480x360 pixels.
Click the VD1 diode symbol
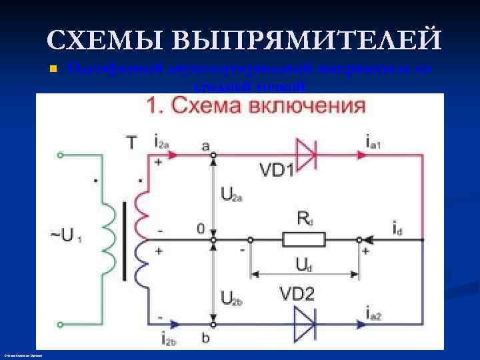point(305,155)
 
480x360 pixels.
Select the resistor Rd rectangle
point(304,239)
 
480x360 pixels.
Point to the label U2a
point(231,195)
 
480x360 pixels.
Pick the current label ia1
point(375,141)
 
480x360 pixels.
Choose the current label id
point(397,229)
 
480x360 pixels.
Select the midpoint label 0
point(200,229)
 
